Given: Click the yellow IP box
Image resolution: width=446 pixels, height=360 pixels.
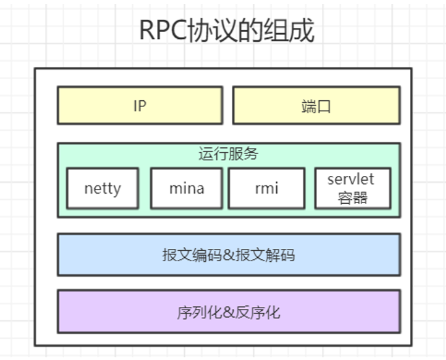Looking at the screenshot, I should (139, 105).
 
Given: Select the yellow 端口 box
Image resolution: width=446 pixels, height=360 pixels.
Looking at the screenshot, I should (316, 105).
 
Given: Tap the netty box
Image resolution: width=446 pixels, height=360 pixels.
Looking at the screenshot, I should (102, 188).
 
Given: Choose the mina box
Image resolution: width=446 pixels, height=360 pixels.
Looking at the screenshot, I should (186, 188).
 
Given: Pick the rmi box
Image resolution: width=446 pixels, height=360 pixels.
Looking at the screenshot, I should (266, 188).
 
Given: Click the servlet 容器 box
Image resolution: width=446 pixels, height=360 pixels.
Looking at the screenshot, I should (352, 188).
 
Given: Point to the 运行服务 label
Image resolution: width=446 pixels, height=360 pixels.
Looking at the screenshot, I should (228, 153).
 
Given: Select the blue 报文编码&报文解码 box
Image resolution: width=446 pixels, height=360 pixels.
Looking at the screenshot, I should (228, 255).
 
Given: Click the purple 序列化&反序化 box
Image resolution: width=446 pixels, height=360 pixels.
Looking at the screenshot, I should (228, 312).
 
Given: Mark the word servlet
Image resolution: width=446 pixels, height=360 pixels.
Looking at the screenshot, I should (351, 179).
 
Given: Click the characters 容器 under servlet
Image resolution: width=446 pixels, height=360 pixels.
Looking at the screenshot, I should (352, 198).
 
